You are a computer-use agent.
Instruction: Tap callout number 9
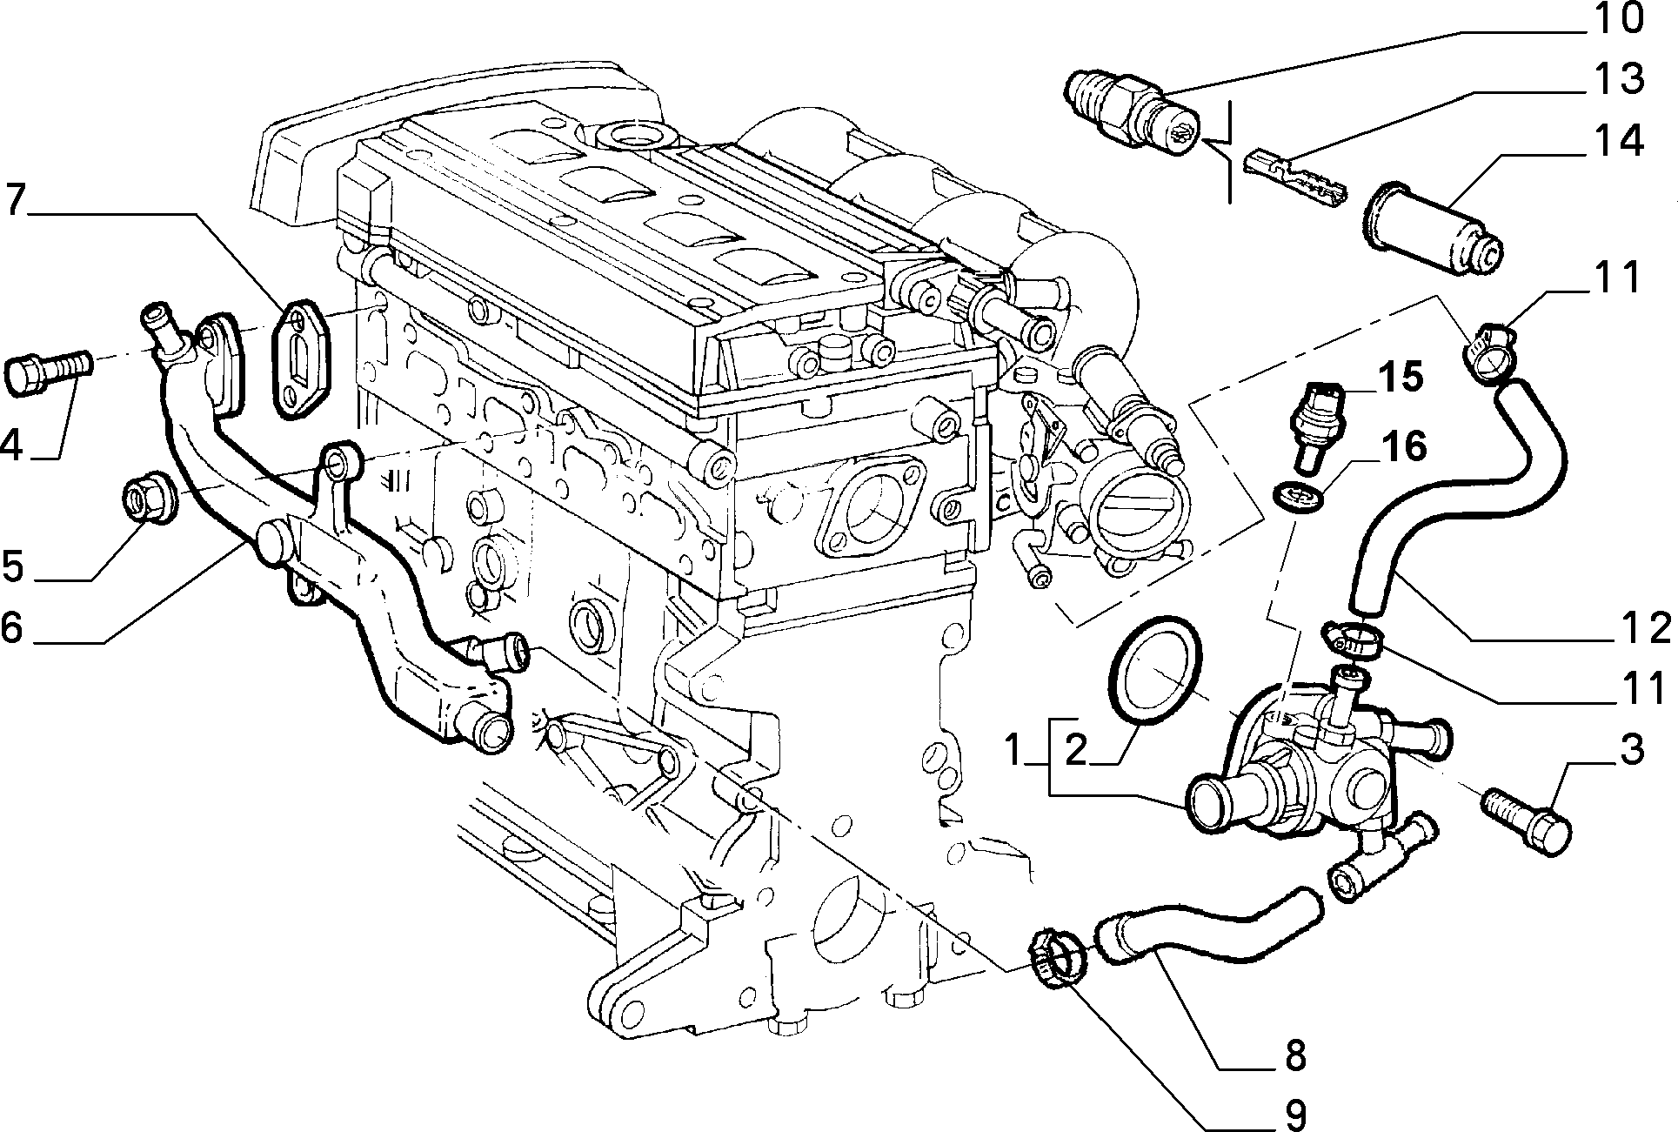tap(1294, 1113)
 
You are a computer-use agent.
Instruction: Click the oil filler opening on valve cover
tap(630, 135)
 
